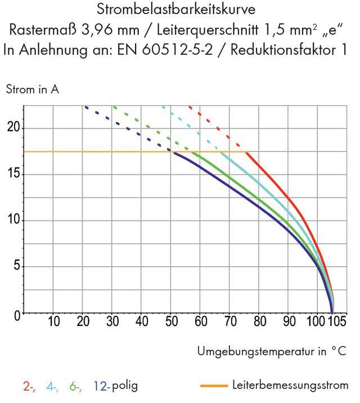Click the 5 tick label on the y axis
(x=16, y=266)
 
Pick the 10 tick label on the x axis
(x=53, y=323)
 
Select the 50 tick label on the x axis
(x=171, y=323)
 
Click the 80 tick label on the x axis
(x=259, y=323)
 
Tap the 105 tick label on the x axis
(x=337, y=323)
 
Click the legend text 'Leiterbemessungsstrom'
(x=290, y=386)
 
